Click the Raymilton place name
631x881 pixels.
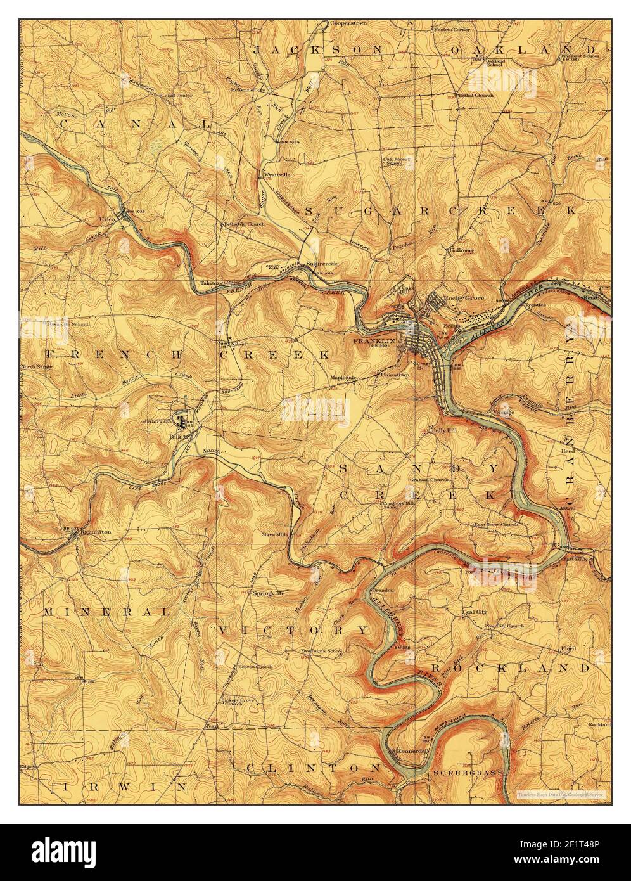click(x=95, y=532)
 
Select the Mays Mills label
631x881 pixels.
click(x=275, y=534)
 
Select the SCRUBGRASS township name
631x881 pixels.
click(x=468, y=773)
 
